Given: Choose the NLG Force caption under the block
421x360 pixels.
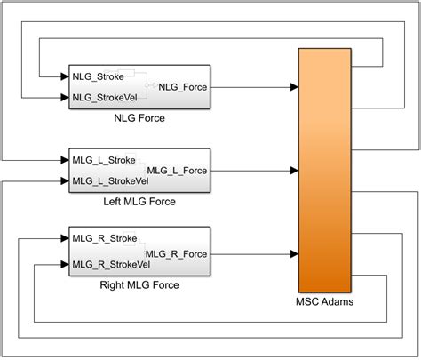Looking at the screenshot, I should pyautogui.click(x=139, y=118).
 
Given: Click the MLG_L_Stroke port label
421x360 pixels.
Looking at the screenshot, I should pyautogui.click(x=104, y=160).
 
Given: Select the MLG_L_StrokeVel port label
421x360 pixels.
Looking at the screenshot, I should pyautogui.click(x=111, y=181).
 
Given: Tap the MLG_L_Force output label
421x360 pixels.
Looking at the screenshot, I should pyautogui.click(x=177, y=171).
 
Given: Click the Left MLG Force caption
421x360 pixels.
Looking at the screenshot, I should pyautogui.click(x=139, y=202).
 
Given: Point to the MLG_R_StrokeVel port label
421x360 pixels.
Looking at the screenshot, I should pyautogui.click(x=112, y=264).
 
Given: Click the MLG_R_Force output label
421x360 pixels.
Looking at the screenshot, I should pyautogui.click(x=177, y=253).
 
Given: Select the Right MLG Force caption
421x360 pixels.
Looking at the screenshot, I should pyautogui.click(x=139, y=285).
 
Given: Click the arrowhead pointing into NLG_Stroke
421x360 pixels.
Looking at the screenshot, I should pyautogui.click(x=64, y=76).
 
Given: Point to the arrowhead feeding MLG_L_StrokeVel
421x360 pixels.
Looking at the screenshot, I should pyautogui.click(x=64, y=181).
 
